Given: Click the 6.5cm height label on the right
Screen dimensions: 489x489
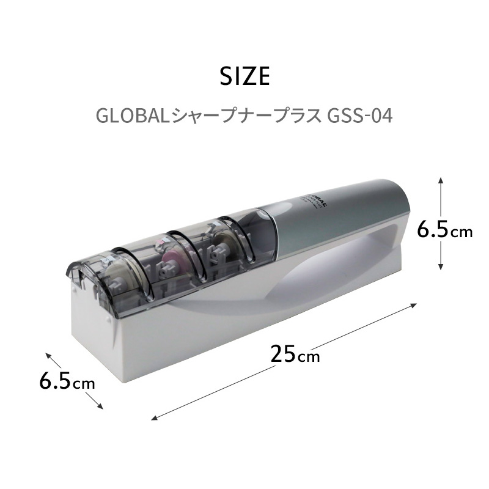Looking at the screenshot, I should click(x=444, y=230).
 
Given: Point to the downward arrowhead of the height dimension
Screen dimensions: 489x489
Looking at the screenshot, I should click(x=441, y=268).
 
